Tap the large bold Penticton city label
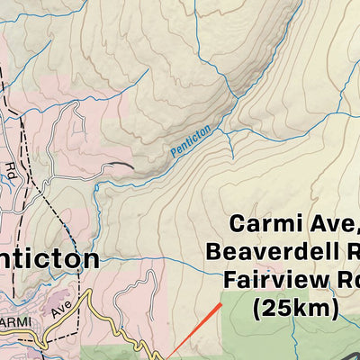[x=49, y=259]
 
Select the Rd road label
[x=10, y=168]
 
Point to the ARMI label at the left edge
[x=15, y=322]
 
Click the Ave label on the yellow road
[x=61, y=310]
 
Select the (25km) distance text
[x=294, y=309]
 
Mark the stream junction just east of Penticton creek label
[x=226, y=133]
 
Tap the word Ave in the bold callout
[x=328, y=223]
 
